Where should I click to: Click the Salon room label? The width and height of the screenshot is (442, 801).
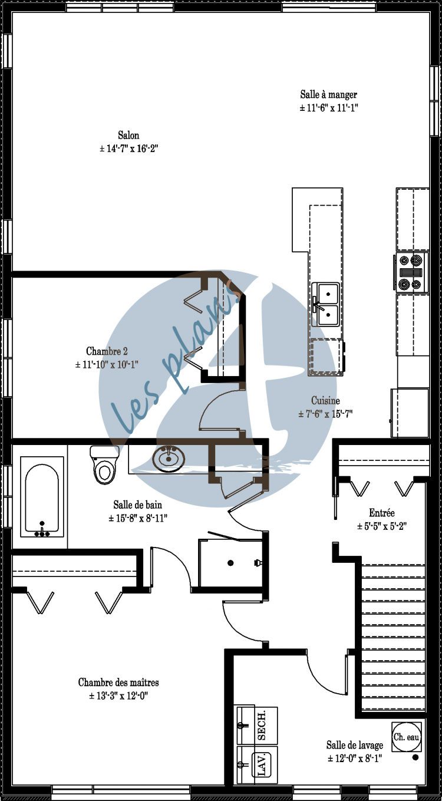click(x=128, y=136)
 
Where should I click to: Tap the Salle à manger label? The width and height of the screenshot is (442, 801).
click(x=328, y=94)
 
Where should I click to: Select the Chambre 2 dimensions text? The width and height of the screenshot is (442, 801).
click(x=107, y=365)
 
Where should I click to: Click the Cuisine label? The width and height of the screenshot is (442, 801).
click(x=325, y=401)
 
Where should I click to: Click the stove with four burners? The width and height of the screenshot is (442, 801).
click(x=410, y=272)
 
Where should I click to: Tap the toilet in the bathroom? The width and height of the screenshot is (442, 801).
click(x=104, y=466)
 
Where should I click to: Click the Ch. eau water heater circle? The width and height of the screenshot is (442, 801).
click(x=407, y=737)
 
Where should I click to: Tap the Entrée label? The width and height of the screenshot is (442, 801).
click(x=381, y=513)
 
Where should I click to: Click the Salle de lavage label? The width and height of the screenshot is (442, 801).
click(x=355, y=745)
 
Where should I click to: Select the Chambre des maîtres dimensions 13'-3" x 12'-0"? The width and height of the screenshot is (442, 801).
click(x=118, y=696)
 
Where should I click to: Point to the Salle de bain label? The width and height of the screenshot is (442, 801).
click(x=137, y=505)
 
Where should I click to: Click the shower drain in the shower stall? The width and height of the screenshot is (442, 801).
click(x=230, y=563)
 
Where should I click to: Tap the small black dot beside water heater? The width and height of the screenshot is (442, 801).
click(x=415, y=757)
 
